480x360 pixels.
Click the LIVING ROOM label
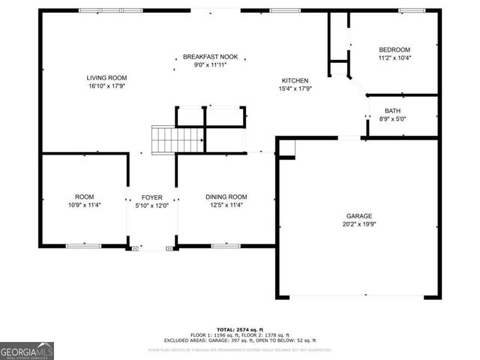click(106, 77)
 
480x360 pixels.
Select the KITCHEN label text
click(295, 80)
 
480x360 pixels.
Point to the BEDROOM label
click(394, 49)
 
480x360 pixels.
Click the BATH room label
click(393, 110)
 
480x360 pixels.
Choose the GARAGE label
click(358, 215)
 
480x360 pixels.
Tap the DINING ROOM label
click(226, 196)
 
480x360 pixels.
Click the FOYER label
click(151, 197)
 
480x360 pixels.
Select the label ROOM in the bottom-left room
click(84, 196)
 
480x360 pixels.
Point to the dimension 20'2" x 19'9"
click(358, 223)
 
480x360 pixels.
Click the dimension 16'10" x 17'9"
click(106, 85)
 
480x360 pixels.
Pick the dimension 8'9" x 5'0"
click(393, 118)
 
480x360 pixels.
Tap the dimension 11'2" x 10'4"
click(394, 58)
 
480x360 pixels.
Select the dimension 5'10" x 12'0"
click(151, 205)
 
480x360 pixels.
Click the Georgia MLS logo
click(26, 350)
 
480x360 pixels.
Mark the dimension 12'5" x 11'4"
click(226, 205)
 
